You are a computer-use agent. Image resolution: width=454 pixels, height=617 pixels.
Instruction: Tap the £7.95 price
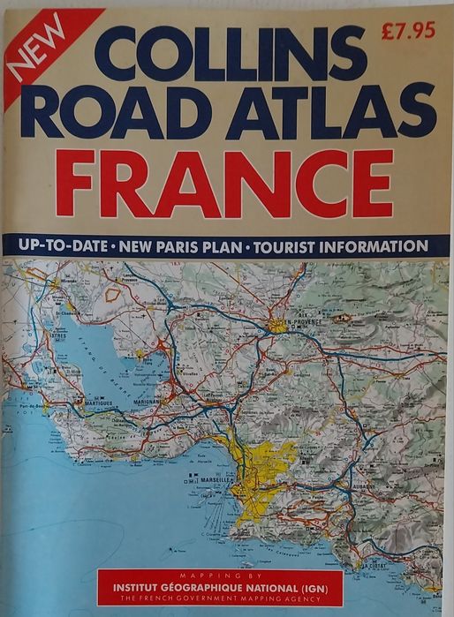(x=407, y=31)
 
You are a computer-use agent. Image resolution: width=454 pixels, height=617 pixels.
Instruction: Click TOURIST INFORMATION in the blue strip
(x=340, y=245)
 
